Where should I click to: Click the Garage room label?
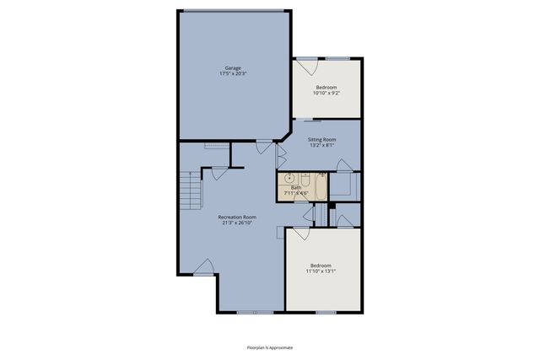point(234,67)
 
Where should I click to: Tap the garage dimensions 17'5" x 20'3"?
point(234,73)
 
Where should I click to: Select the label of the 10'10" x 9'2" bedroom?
point(327,87)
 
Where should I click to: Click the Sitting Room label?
point(322,139)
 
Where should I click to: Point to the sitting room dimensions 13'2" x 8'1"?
point(322,145)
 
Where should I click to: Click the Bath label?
point(295,187)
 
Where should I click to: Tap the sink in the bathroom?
point(289,178)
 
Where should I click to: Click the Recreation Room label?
point(237,217)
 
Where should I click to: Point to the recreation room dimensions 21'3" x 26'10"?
point(237,223)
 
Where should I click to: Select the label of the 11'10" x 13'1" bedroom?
point(321,265)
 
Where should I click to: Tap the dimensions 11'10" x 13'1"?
point(321,271)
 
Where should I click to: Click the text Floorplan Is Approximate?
point(270,346)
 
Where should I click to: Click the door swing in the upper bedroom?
point(305,64)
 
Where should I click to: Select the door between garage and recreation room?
point(266,146)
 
